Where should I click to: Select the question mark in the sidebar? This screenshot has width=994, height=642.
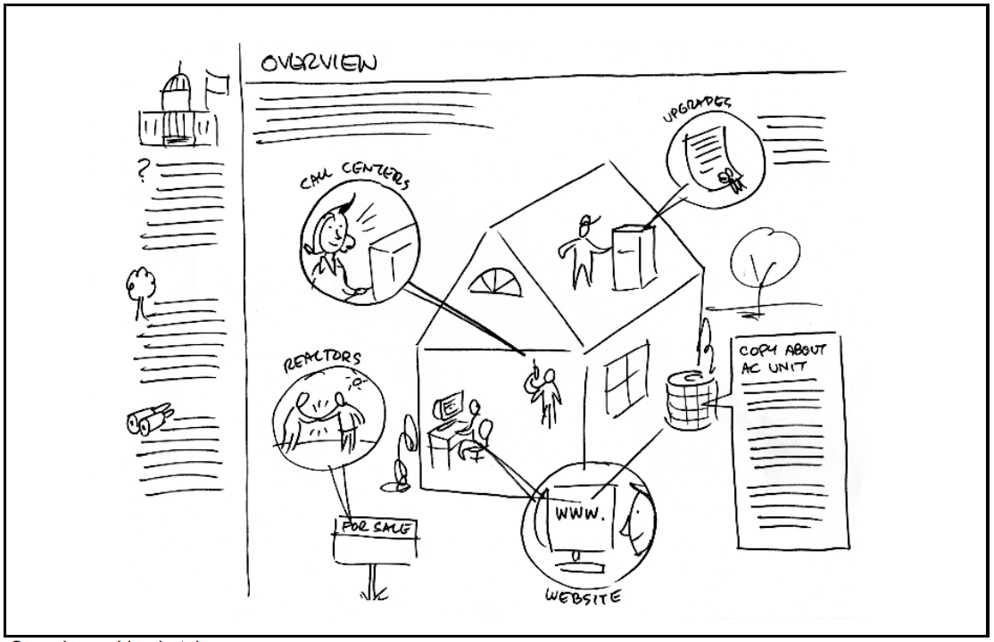click(139, 168)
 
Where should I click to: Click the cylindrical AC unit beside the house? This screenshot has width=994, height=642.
click(689, 399)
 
